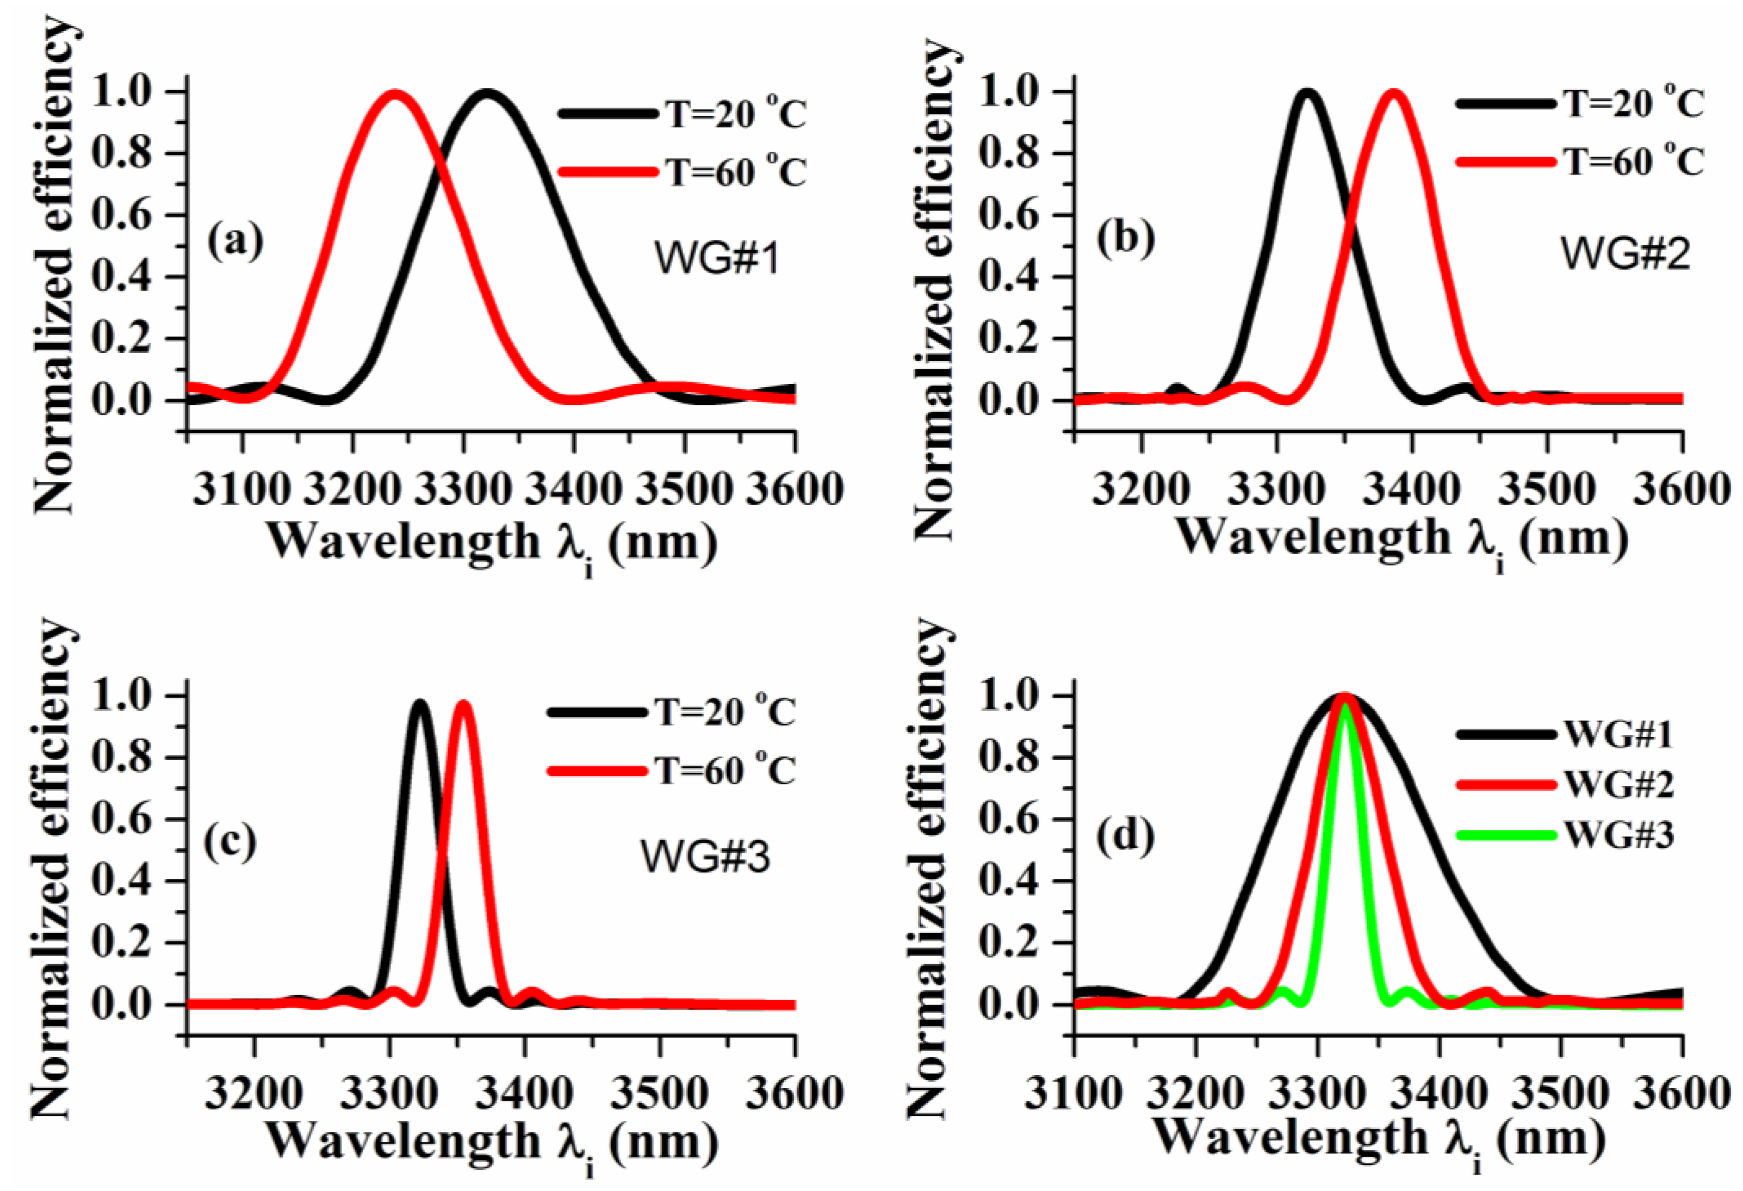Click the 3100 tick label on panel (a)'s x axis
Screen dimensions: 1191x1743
[x=241, y=491]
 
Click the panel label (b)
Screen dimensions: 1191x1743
[x=1125, y=239]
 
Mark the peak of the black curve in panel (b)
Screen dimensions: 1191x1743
[x=1307, y=93]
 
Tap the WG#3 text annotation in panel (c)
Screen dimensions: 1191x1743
[x=705, y=857]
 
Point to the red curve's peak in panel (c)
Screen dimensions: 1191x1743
[x=463, y=704]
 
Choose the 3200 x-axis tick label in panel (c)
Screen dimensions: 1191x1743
[x=255, y=1095]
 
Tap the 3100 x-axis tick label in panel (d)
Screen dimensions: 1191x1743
[x=1074, y=1095]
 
